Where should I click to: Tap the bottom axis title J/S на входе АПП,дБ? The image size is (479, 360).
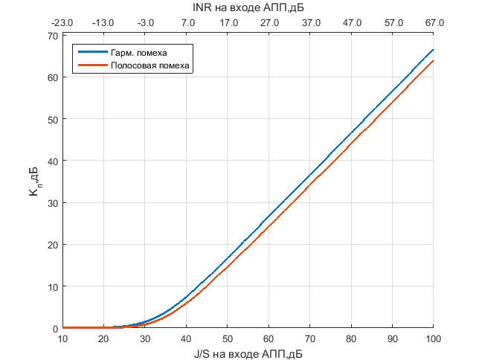248,354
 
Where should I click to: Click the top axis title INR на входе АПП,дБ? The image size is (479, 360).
248,8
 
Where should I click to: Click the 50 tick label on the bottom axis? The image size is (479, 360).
228,340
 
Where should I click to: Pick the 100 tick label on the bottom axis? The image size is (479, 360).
433,340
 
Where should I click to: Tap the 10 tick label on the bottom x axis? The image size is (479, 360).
63,340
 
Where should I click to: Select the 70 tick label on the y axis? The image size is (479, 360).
52,36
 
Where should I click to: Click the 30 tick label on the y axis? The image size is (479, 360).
52,203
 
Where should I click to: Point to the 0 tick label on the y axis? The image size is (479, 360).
54,328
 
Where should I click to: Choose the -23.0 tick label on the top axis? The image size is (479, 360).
62,23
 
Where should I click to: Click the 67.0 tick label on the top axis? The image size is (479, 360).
434,23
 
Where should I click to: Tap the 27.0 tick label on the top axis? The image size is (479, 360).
269,23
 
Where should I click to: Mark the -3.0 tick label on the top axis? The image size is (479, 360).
145,23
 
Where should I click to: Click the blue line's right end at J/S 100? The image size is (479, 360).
433,49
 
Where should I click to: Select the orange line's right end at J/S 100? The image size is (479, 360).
433,61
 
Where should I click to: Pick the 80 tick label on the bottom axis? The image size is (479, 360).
351,340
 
